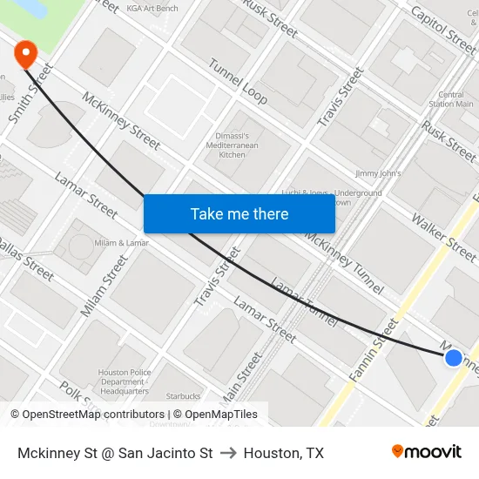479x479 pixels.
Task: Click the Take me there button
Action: pyautogui.click(x=239, y=213)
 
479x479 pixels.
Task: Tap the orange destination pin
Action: pyautogui.click(x=25, y=55)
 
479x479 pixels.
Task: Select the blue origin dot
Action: pyautogui.click(x=453, y=357)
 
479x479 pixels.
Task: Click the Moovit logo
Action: pyautogui.click(x=426, y=452)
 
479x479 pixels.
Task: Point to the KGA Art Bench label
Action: pyautogui.click(x=152, y=9)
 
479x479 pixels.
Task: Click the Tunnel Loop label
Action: pyautogui.click(x=237, y=80)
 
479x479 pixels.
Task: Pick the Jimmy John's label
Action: pyautogui.click(x=376, y=174)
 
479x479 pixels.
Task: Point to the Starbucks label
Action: pyautogui.click(x=183, y=397)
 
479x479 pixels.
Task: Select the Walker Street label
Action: pyautogui.click(x=443, y=237)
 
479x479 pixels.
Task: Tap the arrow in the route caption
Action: pyautogui.click(x=228, y=453)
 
